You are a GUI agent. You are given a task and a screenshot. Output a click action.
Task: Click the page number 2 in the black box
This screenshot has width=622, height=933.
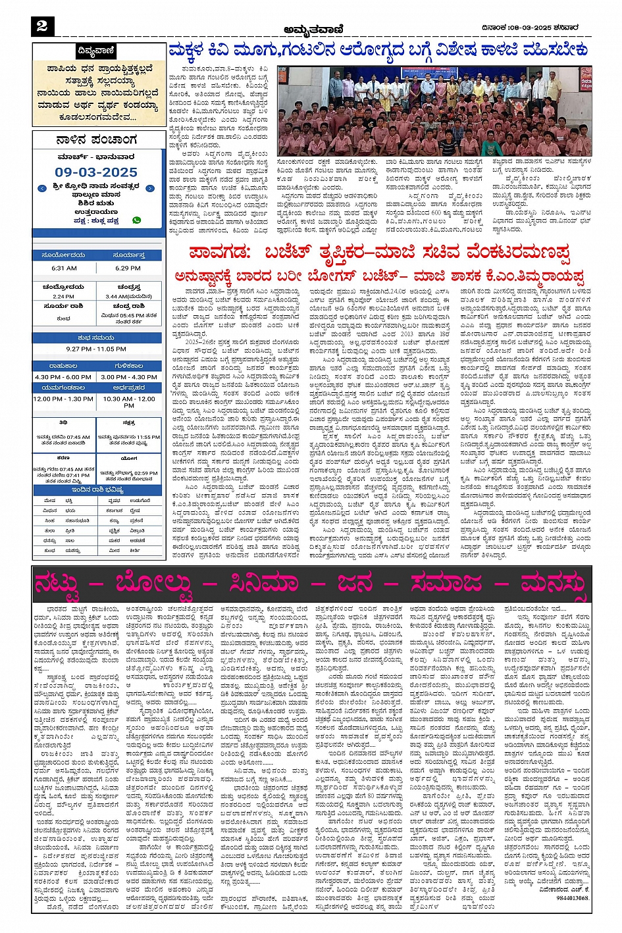42,26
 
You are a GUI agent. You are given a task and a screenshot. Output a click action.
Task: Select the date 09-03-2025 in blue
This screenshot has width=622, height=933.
96,172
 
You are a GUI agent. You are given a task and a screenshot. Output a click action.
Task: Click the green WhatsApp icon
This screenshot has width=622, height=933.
137,220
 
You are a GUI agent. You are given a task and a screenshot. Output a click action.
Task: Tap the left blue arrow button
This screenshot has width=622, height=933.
42,189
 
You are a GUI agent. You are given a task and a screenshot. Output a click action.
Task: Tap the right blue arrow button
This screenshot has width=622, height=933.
150,189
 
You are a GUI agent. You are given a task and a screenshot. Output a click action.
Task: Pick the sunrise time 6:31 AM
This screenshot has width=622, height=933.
64,268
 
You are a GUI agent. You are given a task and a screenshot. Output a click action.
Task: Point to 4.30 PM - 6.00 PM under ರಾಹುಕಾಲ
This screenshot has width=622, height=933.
64,377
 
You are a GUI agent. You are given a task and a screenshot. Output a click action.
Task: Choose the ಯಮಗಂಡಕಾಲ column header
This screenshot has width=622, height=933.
64,388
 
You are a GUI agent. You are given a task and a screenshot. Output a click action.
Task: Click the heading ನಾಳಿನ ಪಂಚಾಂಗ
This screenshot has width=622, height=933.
96,140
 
